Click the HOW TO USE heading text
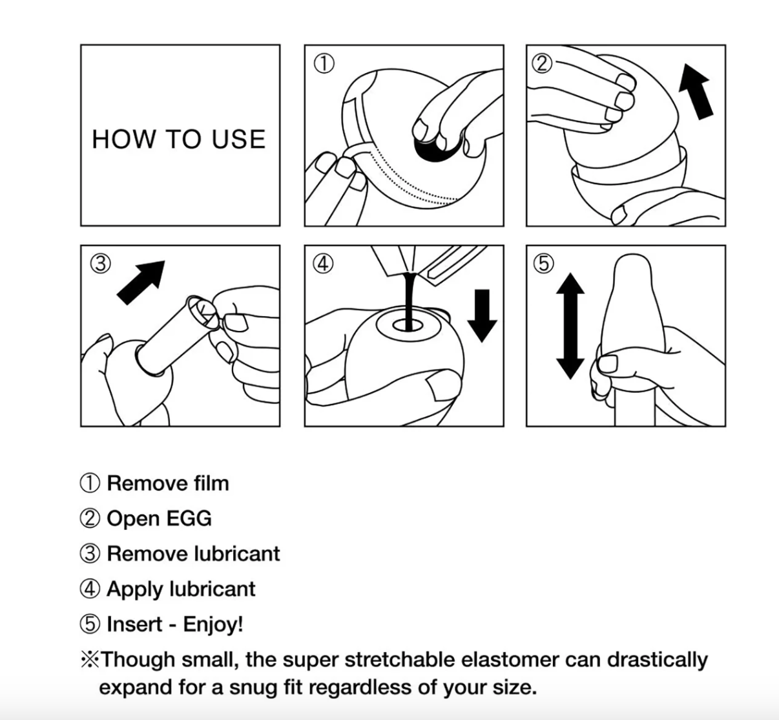(x=179, y=140)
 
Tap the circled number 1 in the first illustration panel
(x=324, y=63)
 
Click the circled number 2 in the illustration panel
(x=542, y=63)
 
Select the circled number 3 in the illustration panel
(x=100, y=264)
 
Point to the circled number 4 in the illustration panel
(x=323, y=264)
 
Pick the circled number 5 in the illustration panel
(x=544, y=264)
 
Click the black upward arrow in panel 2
(x=696, y=92)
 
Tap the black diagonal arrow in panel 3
(x=141, y=282)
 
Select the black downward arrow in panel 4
(x=482, y=315)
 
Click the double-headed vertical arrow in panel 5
(x=570, y=326)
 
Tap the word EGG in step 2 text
(x=189, y=518)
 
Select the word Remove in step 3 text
(x=149, y=554)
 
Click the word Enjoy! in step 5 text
(x=213, y=624)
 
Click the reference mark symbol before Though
(x=90, y=659)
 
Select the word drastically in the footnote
(x=658, y=661)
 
